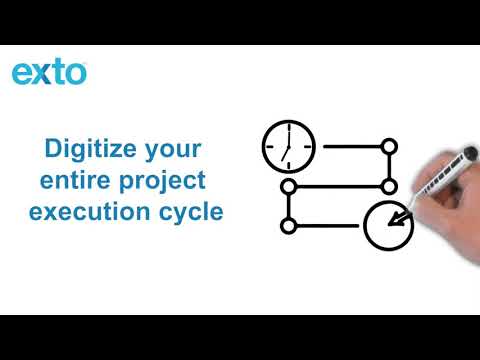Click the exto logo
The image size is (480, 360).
[x=49, y=73]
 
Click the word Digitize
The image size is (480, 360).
[x=86, y=151]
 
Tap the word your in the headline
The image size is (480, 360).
[x=172, y=151]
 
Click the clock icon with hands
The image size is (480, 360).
[x=288, y=147]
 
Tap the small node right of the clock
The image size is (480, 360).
[x=390, y=147]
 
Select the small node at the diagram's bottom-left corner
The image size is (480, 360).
[x=288, y=226]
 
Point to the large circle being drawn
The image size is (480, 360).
[x=387, y=227]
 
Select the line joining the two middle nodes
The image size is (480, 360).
[x=339, y=186]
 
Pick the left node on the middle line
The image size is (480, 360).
[x=288, y=186]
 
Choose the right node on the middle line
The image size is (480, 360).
[x=390, y=186]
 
